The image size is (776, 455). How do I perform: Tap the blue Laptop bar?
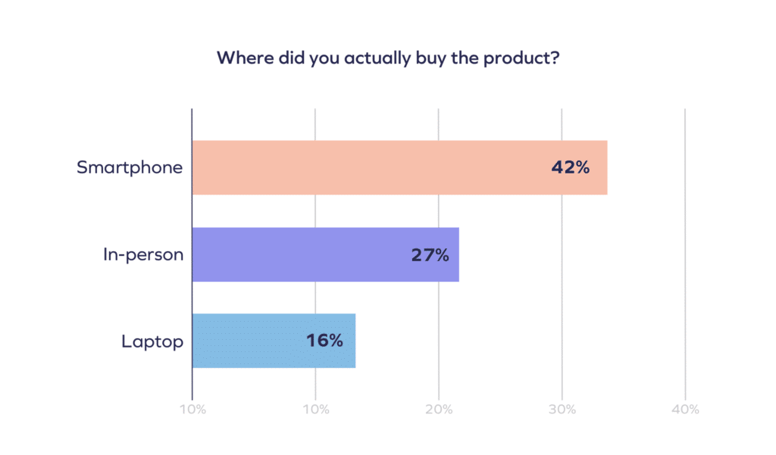pyautogui.click(x=250, y=341)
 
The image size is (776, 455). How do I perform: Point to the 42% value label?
pyautogui.click(x=570, y=168)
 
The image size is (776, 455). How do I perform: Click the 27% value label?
pyautogui.click(x=430, y=255)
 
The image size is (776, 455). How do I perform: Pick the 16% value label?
pyautogui.click(x=324, y=341)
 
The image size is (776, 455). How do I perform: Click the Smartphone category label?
pyautogui.click(x=130, y=167)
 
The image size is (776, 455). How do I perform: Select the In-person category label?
pyautogui.click(x=143, y=255)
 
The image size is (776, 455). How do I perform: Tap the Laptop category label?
pyautogui.click(x=152, y=341)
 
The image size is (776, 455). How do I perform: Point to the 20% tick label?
pyautogui.click(x=439, y=410)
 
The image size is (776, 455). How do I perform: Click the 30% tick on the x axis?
pyautogui.click(x=562, y=410)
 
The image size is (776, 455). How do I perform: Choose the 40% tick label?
pyautogui.click(x=685, y=410)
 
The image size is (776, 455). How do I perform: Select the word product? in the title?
pyautogui.click(x=523, y=59)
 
